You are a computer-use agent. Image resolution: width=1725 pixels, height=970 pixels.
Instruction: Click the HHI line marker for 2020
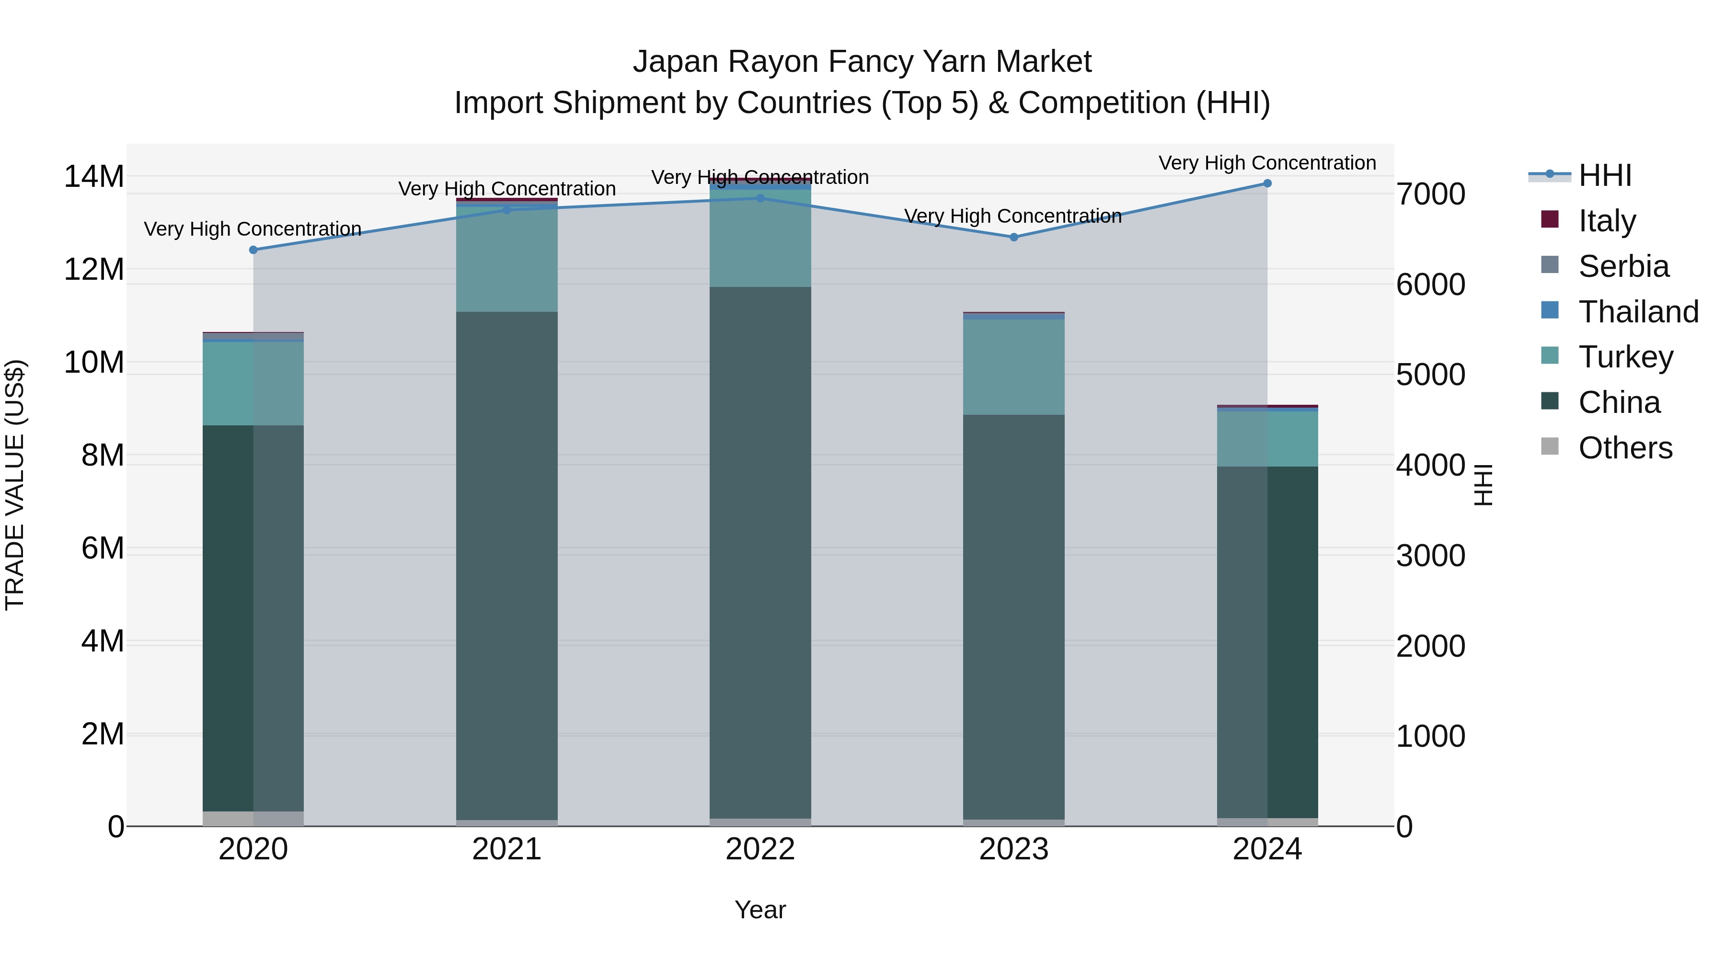(x=253, y=250)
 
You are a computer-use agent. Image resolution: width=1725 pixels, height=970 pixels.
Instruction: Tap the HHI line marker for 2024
(x=1267, y=183)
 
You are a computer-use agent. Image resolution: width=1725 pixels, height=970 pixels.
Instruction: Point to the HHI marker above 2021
(x=507, y=209)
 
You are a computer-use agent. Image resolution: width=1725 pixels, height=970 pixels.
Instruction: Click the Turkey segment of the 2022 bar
(x=760, y=239)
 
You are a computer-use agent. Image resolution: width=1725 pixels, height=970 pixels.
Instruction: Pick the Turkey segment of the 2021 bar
(x=507, y=260)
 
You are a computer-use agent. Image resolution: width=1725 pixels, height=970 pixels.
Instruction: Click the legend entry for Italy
(x=1607, y=220)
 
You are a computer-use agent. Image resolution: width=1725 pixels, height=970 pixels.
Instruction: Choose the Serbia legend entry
(x=1623, y=266)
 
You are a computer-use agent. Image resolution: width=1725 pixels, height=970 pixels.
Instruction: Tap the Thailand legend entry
(x=1638, y=311)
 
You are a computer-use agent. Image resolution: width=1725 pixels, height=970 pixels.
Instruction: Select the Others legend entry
(x=1625, y=448)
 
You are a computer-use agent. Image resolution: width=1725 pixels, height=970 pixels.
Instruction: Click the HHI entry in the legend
(x=1604, y=175)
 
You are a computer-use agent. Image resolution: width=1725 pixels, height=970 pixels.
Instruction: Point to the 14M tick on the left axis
(x=94, y=177)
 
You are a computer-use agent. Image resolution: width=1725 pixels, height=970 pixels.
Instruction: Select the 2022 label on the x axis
(x=760, y=849)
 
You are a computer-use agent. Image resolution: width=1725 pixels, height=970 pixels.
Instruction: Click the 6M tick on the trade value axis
(x=103, y=548)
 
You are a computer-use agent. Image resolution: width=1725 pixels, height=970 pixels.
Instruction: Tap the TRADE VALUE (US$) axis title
(x=15, y=485)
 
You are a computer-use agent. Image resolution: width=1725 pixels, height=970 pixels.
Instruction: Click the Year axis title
(x=760, y=910)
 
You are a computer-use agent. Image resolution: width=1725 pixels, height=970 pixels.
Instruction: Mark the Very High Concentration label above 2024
(x=1267, y=163)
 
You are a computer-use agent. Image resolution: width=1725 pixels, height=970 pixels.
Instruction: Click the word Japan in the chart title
(x=676, y=62)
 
